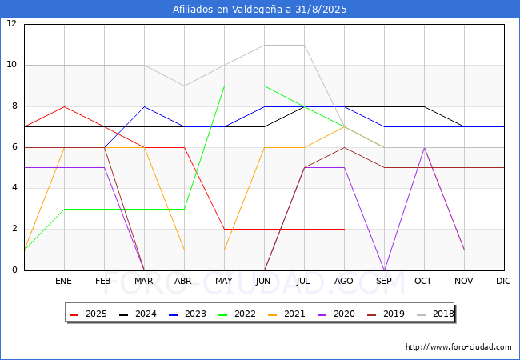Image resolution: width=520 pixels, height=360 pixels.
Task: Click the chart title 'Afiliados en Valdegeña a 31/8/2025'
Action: click(x=260, y=10)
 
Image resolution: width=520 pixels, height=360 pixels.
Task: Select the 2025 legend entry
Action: click(x=88, y=314)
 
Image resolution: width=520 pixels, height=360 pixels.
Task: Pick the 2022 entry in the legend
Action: click(x=237, y=314)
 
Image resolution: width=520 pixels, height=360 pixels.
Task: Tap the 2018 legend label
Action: click(x=435, y=314)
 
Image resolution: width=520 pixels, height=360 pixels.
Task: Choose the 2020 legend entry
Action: click(x=336, y=314)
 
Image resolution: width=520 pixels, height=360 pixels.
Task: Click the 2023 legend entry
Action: click(x=187, y=314)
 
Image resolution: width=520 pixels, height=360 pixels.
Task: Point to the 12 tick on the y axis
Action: click(x=12, y=23)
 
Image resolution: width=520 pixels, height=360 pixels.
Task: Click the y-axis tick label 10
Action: click(x=12, y=65)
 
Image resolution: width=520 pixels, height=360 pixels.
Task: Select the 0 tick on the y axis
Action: click(x=14, y=270)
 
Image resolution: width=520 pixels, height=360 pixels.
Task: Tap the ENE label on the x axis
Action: click(x=63, y=281)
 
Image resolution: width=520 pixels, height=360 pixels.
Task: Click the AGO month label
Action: click(x=343, y=281)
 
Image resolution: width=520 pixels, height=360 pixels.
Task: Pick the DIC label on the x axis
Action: click(x=503, y=281)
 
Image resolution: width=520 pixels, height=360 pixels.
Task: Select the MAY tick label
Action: click(x=224, y=281)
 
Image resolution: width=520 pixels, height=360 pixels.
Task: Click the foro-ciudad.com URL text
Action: click(x=458, y=347)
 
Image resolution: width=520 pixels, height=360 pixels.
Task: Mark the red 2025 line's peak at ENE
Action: click(x=64, y=106)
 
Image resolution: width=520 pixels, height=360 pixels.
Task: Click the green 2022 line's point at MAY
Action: click(x=225, y=86)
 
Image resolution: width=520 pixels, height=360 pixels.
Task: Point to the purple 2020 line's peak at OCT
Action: click(x=425, y=147)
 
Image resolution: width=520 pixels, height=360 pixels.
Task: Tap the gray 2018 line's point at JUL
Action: click(x=305, y=45)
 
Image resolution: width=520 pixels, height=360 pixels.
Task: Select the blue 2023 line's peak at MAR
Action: click(x=144, y=106)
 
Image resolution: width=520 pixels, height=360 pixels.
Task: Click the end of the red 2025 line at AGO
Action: click(x=345, y=229)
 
